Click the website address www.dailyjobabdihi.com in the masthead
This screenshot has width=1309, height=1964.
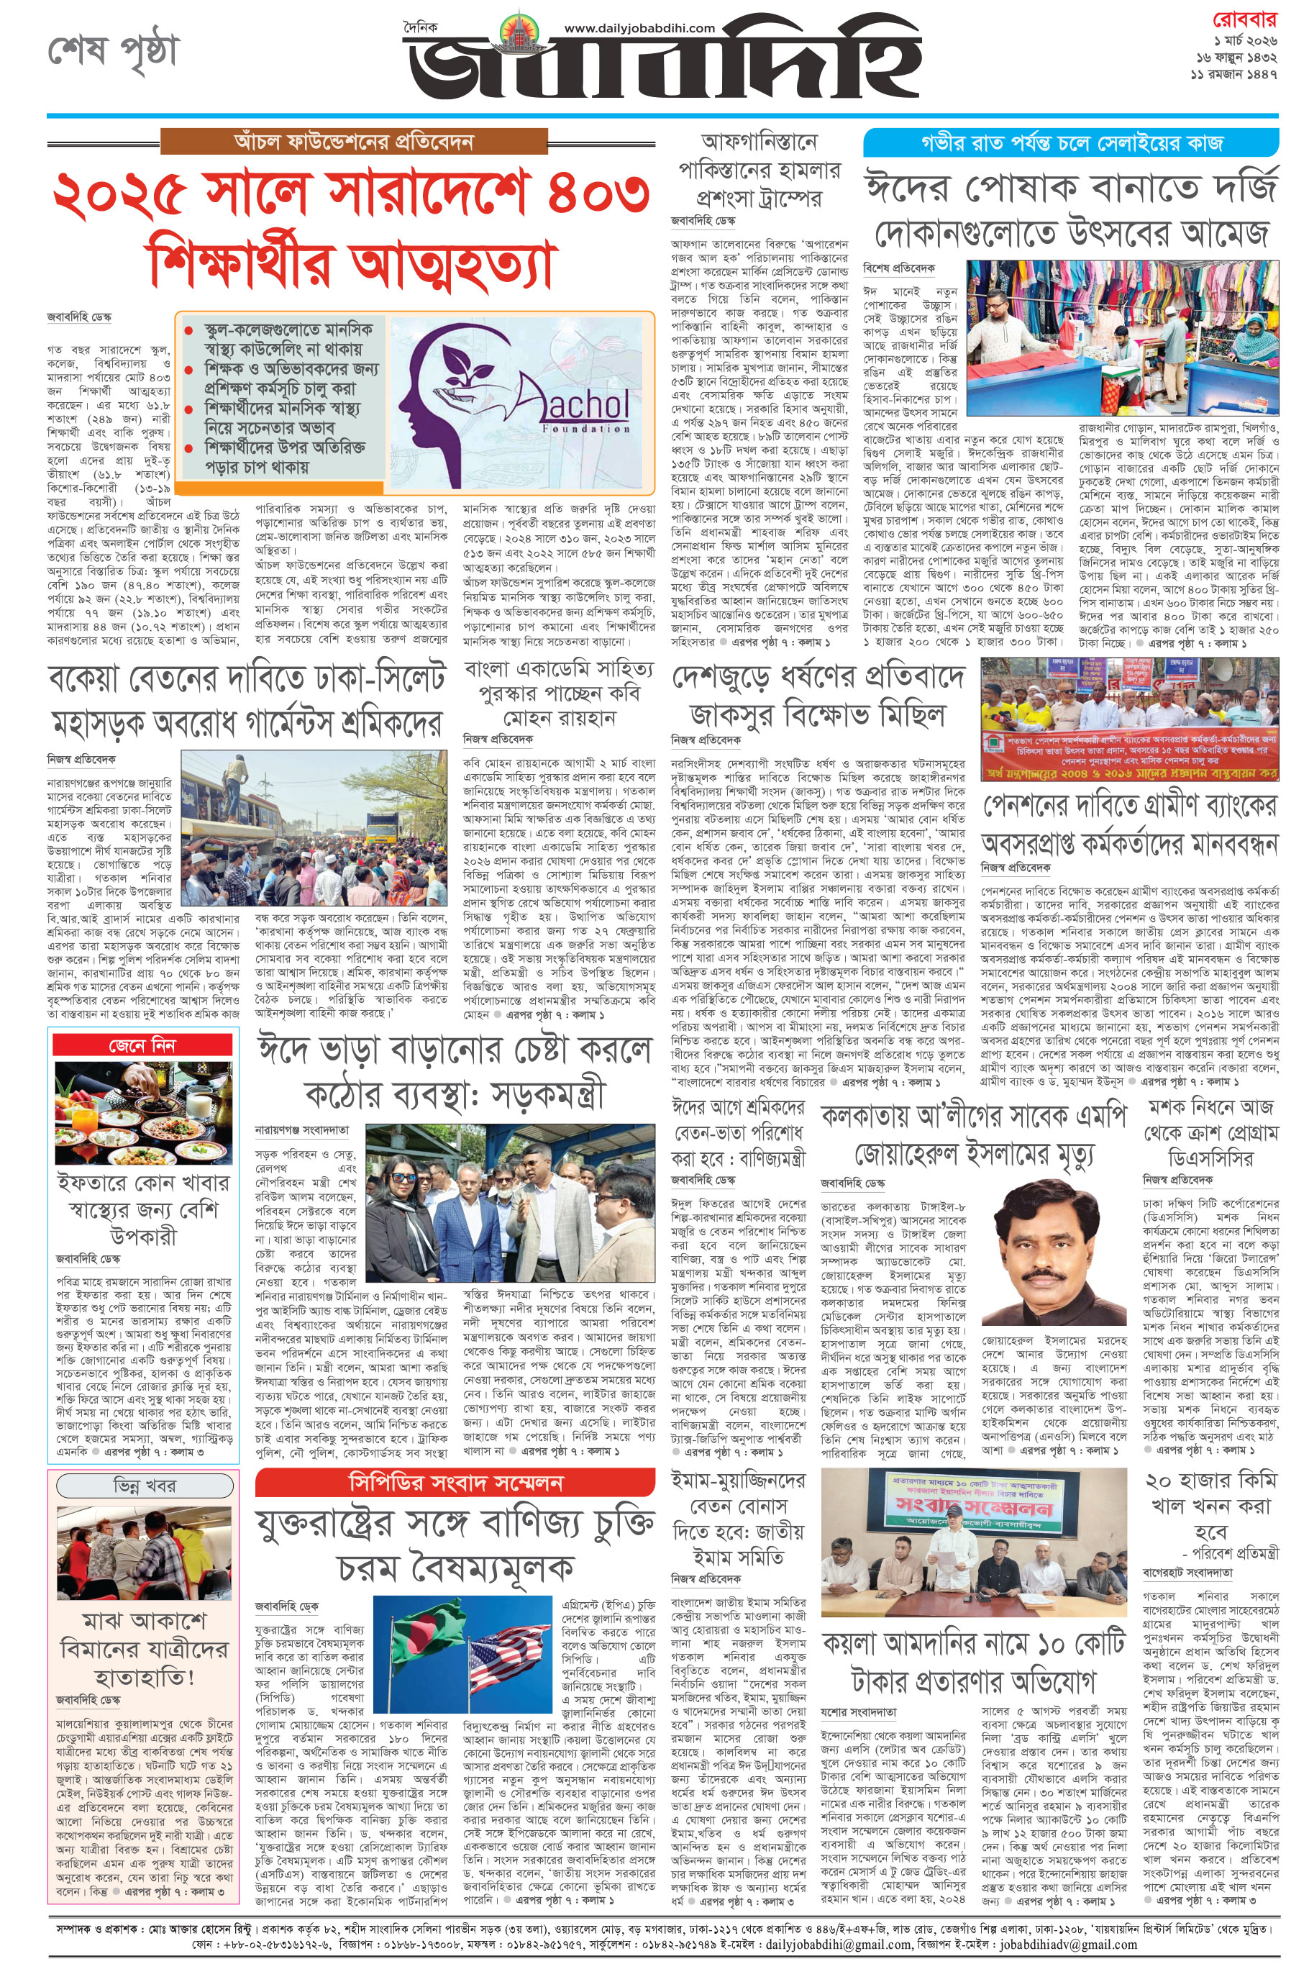(x=639, y=27)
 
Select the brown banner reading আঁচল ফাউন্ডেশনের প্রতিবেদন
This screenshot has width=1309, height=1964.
(x=354, y=141)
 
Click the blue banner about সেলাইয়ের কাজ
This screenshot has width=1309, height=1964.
(x=1070, y=142)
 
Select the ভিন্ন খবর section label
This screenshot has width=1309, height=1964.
(x=144, y=1486)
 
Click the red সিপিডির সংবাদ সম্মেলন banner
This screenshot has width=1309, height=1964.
(x=455, y=1482)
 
